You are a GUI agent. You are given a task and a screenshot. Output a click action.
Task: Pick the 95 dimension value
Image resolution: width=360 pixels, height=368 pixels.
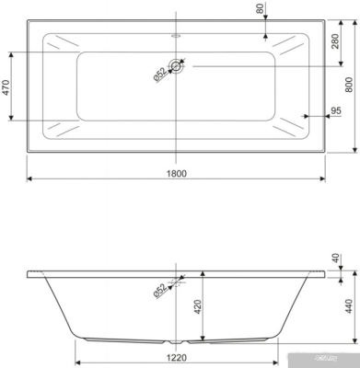tap(336, 112)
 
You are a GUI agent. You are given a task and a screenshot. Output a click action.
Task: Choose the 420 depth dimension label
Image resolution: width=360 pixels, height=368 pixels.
tap(196, 305)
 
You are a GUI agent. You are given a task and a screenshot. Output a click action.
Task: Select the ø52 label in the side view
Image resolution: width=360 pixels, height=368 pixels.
tap(159, 290)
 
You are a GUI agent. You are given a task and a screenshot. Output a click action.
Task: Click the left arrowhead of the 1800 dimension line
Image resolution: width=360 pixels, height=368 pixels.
tap(28, 178)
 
